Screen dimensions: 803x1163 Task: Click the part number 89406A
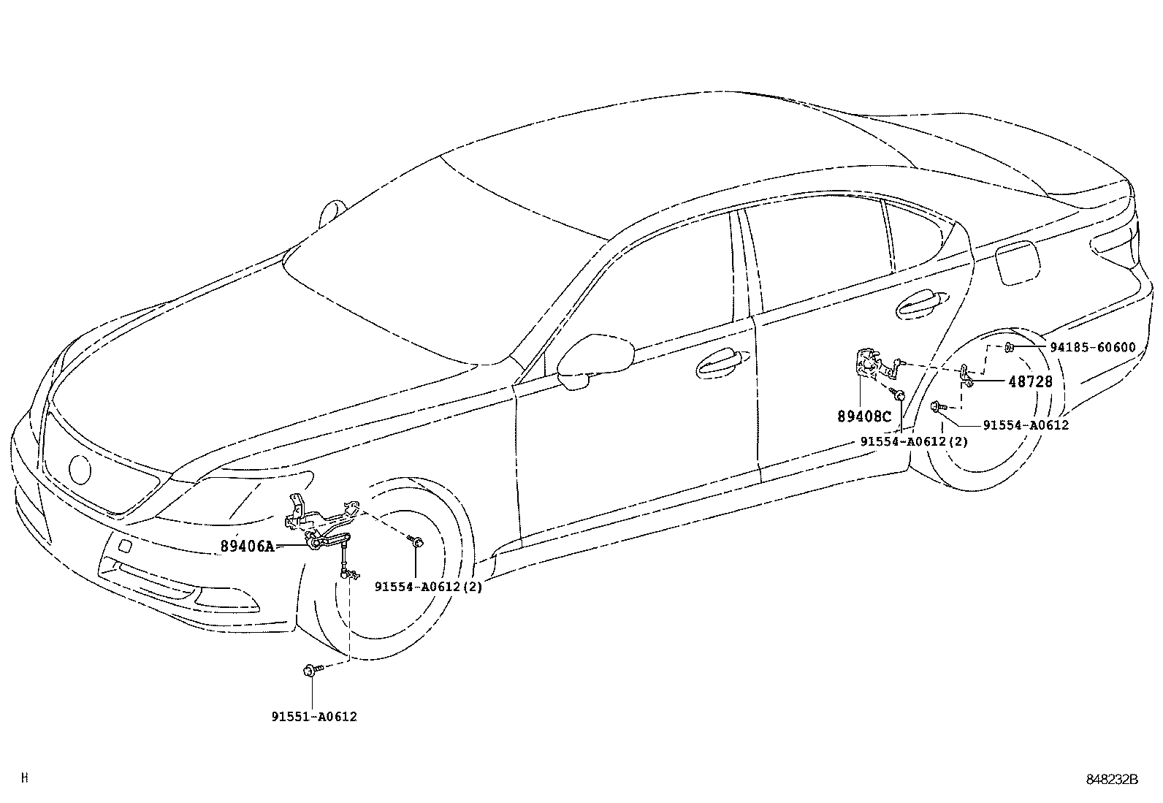(x=247, y=546)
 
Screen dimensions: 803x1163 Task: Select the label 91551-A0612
(x=314, y=717)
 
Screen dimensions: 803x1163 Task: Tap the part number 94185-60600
(x=1093, y=347)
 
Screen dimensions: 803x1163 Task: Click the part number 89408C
(x=865, y=416)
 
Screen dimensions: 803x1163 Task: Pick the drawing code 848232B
(x=1112, y=780)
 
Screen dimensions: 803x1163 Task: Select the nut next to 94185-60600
(x=1009, y=347)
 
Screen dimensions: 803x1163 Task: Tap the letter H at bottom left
(x=25, y=779)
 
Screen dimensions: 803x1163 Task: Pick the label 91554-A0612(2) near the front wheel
(x=428, y=586)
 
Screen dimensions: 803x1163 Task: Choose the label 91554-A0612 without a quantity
(x=1025, y=425)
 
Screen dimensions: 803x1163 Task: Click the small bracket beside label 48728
(x=967, y=376)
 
